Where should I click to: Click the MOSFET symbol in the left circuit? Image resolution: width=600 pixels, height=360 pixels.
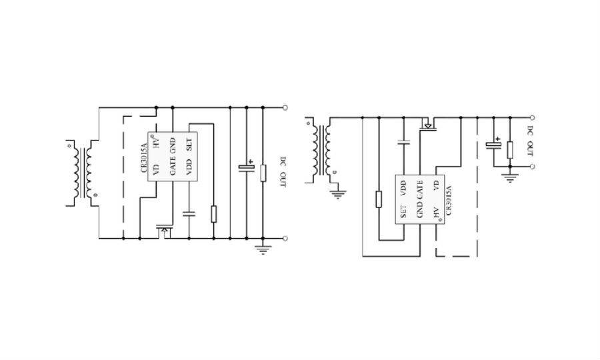coord(164,231)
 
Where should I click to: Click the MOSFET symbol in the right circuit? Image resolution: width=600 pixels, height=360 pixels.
coord(428,125)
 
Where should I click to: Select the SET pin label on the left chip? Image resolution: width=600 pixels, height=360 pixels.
coord(189,144)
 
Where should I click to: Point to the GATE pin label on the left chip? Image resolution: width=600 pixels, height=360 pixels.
coord(173,166)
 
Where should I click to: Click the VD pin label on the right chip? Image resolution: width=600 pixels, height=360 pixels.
coord(436,185)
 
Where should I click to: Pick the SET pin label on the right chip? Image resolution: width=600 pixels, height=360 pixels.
coord(403,212)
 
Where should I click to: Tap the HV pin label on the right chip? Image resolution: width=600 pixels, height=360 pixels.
coord(436,213)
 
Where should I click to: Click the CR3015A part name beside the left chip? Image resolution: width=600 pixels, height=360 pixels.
coord(144,158)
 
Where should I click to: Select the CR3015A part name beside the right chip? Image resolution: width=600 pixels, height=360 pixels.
coord(449,201)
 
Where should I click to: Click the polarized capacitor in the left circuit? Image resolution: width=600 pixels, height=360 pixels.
coord(247,167)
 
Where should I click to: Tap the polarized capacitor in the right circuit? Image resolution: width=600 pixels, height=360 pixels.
coord(493,144)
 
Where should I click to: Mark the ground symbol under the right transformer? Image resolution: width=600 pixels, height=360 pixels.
coord(337,195)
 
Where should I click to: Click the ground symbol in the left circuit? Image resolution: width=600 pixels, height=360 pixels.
coord(263,250)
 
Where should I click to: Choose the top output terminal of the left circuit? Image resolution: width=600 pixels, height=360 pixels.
coord(285,108)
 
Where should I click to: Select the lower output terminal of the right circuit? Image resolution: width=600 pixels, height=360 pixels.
coord(532,167)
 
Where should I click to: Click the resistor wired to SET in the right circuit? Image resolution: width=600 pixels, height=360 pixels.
coord(379,199)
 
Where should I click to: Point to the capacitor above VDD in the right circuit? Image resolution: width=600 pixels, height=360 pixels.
coord(403,142)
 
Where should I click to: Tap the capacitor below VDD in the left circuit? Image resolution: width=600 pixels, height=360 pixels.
coord(189,213)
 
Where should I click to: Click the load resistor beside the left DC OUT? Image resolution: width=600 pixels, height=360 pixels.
coord(263,173)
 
